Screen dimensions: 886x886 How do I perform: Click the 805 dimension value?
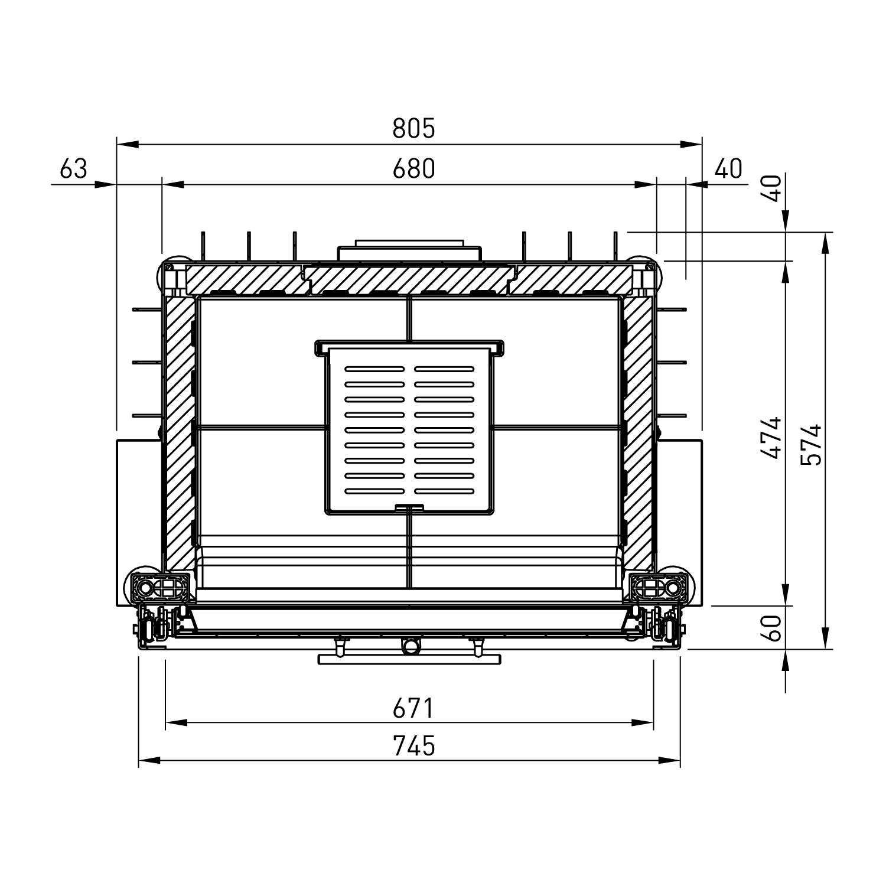tap(413, 128)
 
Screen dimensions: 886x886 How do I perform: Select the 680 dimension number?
tap(413, 169)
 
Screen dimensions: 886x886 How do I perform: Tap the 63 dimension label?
tap(74, 169)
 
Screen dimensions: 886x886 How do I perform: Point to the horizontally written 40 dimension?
tap(728, 169)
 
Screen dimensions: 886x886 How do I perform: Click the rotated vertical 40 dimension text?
tap(774, 188)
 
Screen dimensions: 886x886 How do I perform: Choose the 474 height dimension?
tap(771, 438)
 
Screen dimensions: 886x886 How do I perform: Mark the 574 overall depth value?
tap(813, 444)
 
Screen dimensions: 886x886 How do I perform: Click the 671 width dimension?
tap(413, 708)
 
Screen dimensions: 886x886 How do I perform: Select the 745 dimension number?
tap(413, 746)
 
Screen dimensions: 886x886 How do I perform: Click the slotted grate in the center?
tap(409, 430)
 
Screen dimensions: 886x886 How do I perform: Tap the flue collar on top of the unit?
tap(409, 250)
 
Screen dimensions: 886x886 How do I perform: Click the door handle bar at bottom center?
tap(409, 659)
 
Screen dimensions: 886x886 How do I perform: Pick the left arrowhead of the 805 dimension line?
tap(127, 144)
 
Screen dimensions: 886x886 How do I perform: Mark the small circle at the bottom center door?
tap(409, 646)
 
